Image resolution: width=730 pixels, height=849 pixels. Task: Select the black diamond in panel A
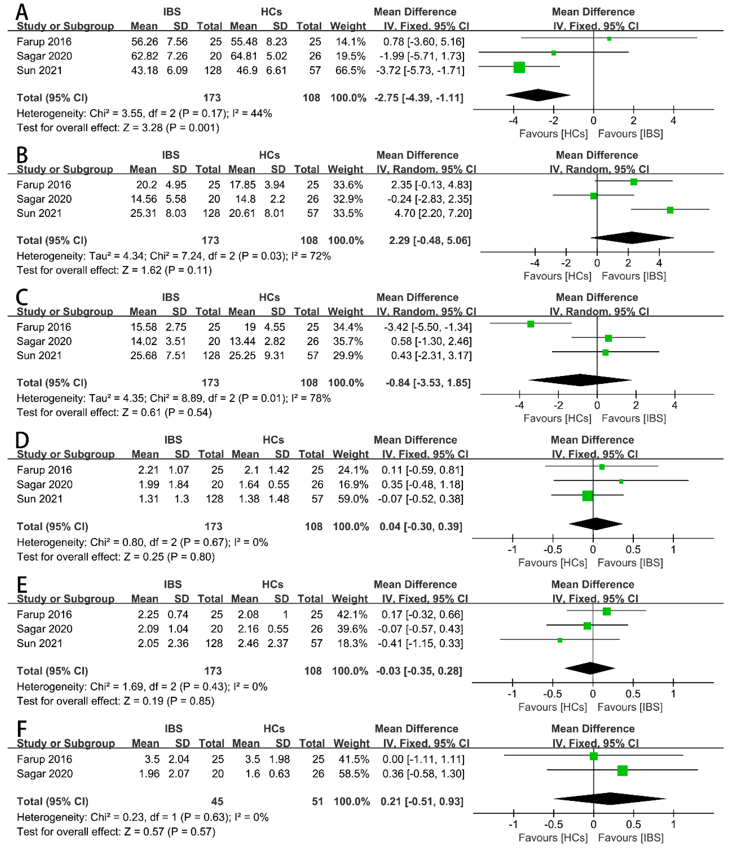pos(538,95)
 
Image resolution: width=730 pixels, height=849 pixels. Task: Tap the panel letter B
pos(22,155)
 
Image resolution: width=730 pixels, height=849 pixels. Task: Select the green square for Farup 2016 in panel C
pos(530,324)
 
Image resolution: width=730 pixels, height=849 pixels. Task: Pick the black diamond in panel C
pos(580,380)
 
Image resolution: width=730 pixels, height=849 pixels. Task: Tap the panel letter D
pos(22,440)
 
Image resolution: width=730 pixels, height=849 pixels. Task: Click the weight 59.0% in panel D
pos(353,499)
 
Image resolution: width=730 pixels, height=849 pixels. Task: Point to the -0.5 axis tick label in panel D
pos(552,549)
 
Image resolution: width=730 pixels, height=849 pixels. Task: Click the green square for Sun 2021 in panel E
pos(560,640)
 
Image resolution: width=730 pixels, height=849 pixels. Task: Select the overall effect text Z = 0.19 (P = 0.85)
pos(169,701)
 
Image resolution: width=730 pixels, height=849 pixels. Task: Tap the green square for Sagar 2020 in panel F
pos(622,771)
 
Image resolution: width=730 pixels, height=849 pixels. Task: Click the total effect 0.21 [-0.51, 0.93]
pos(422,801)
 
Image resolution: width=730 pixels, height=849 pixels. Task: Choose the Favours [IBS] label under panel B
pos(633,276)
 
